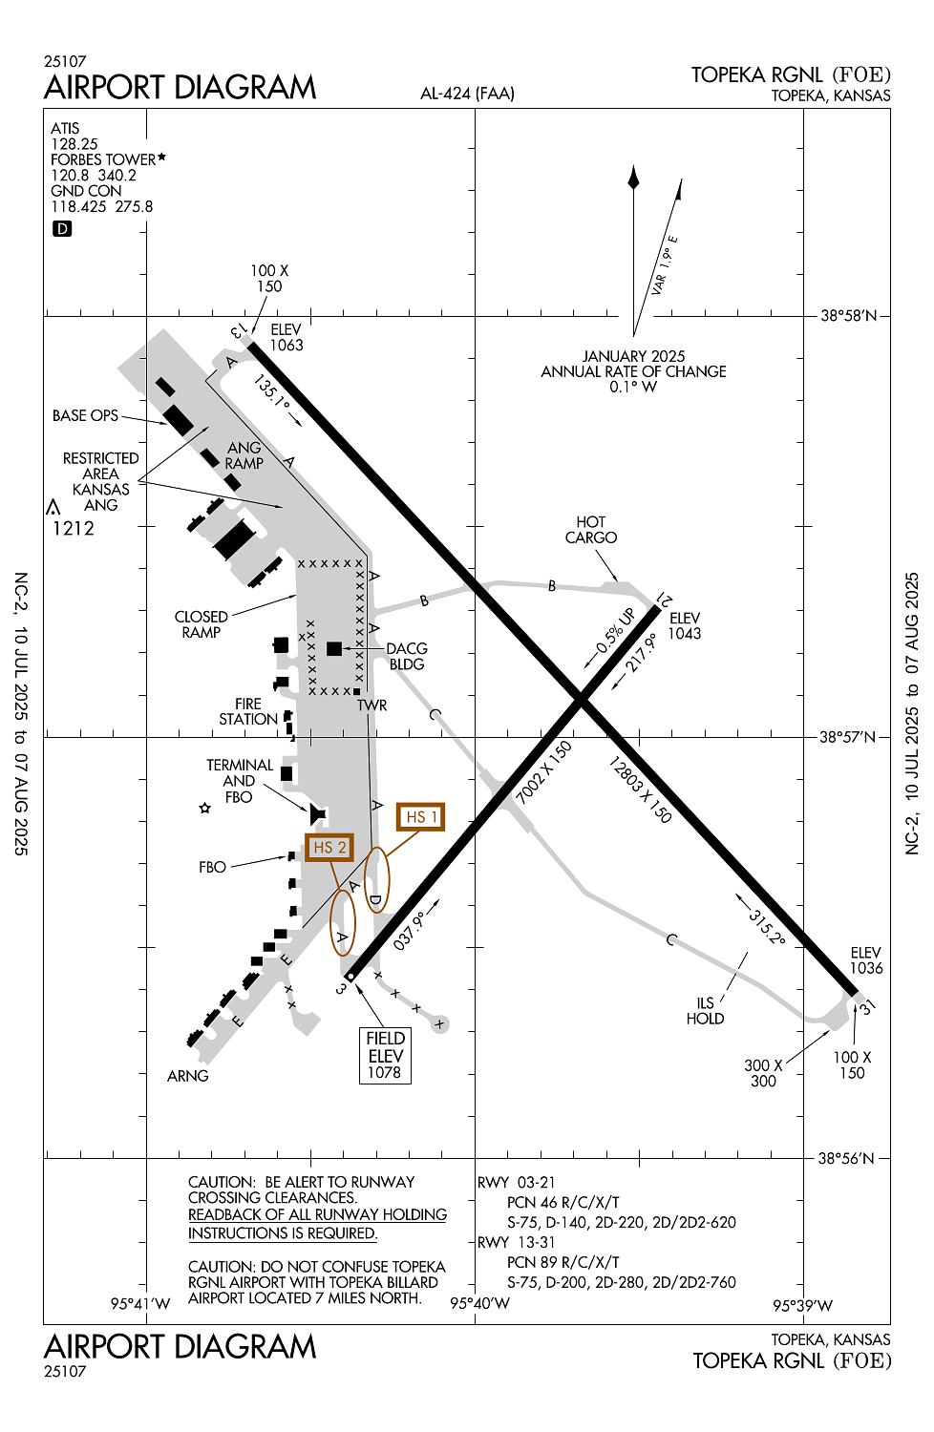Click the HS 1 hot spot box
pyautogui.click(x=420, y=816)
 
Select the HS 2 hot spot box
pyautogui.click(x=329, y=847)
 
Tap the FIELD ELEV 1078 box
pyautogui.click(x=385, y=1055)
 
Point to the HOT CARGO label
pyautogui.click(x=590, y=530)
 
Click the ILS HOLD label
pyautogui.click(x=706, y=1011)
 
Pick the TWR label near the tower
pyautogui.click(x=371, y=705)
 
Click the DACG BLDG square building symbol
pyautogui.click(x=334, y=648)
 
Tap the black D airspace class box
pyautogui.click(x=62, y=229)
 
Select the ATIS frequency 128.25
pyautogui.click(x=74, y=144)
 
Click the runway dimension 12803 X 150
pyautogui.click(x=640, y=790)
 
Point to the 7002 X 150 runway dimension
pyautogui.click(x=543, y=773)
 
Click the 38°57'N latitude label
pyautogui.click(x=848, y=737)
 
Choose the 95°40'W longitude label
pyautogui.click(x=479, y=1303)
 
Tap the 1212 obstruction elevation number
pyautogui.click(x=73, y=528)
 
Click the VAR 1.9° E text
pyautogui.click(x=665, y=266)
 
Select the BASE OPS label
pyautogui.click(x=85, y=415)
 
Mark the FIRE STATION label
pyautogui.click(x=248, y=711)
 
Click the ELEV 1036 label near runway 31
pyautogui.click(x=865, y=960)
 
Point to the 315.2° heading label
pyautogui.click(x=766, y=927)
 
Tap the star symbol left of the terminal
pyautogui.click(x=204, y=808)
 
